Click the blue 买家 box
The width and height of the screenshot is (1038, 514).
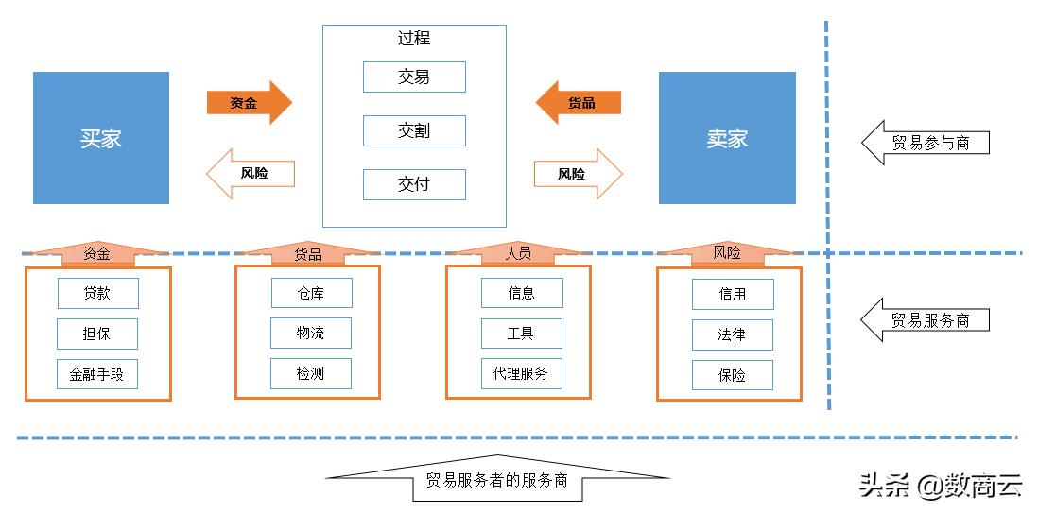pyautogui.click(x=101, y=138)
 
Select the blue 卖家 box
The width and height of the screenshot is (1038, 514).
pyautogui.click(x=727, y=138)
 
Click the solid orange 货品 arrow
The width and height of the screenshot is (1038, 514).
pyautogui.click(x=579, y=102)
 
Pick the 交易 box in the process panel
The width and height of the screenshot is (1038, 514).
pyautogui.click(x=414, y=77)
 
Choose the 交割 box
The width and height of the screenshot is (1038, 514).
pyautogui.click(x=414, y=130)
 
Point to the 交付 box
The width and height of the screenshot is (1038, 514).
pyautogui.click(x=414, y=184)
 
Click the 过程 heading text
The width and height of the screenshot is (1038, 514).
pyautogui.click(x=414, y=39)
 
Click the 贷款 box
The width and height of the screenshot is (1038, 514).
pyautogui.click(x=97, y=293)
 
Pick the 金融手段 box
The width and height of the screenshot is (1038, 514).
pyautogui.click(x=97, y=374)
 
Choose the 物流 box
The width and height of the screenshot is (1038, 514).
pyautogui.click(x=311, y=333)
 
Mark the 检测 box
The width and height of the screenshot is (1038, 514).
pyautogui.click(x=311, y=374)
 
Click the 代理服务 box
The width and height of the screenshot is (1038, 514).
pyautogui.click(x=521, y=373)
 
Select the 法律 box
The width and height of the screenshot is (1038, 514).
pyautogui.click(x=732, y=334)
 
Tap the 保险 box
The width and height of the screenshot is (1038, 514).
pyautogui.click(x=732, y=375)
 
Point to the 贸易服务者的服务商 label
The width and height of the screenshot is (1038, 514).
pyautogui.click(x=496, y=480)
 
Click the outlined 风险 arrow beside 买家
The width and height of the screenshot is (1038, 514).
pyautogui.click(x=251, y=174)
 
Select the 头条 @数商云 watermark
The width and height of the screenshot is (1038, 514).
pyautogui.click(x=940, y=486)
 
